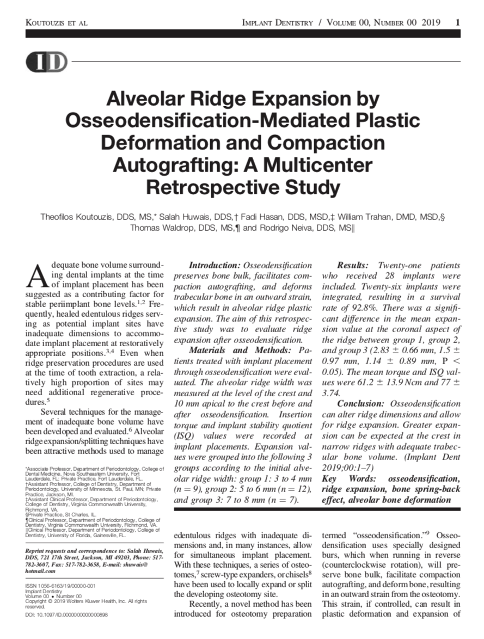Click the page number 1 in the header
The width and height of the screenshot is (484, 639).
point(457,22)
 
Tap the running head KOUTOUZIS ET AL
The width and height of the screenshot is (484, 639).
point(57,23)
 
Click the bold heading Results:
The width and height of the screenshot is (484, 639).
point(356,266)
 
